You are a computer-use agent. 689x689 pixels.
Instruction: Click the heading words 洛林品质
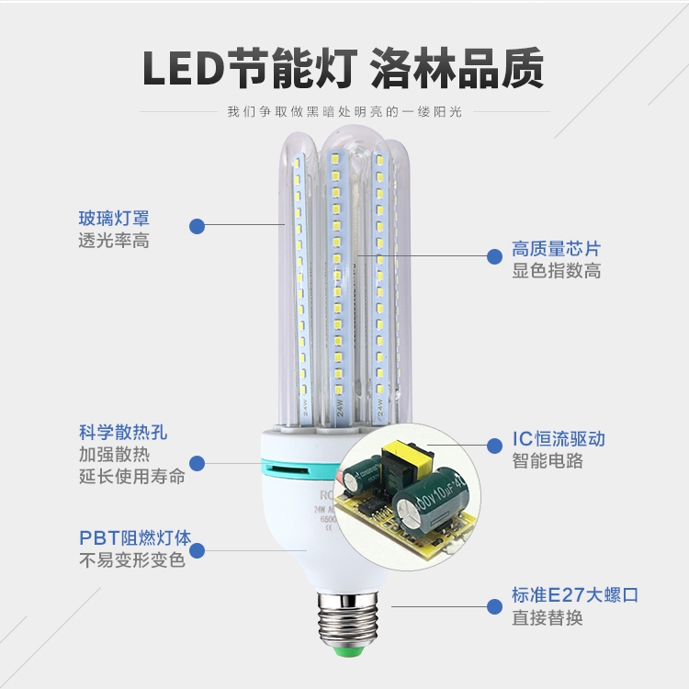tap(457, 69)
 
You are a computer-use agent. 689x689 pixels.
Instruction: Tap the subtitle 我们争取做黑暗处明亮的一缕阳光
tap(344, 112)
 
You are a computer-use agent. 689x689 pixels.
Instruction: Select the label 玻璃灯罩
tap(114, 219)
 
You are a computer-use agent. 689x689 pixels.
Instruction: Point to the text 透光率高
tap(114, 241)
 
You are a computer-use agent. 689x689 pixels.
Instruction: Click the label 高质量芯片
tap(556, 249)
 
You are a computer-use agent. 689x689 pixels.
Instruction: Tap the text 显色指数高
tap(556, 271)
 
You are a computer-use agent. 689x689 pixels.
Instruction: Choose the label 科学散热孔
tap(123, 432)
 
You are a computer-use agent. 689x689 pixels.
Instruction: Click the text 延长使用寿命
tap(132, 476)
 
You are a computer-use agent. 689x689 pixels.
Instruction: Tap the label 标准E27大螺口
tap(574, 595)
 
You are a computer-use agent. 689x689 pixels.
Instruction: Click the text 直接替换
tap(547, 617)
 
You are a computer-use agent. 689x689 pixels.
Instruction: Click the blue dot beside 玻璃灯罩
tap(197, 226)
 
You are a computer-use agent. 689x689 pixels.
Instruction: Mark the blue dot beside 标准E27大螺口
tap(492, 605)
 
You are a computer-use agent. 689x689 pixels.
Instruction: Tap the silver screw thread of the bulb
tap(345, 614)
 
